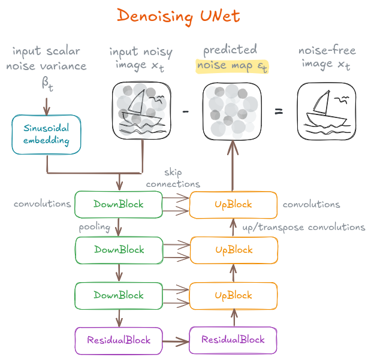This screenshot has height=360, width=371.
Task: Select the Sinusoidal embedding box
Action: [47, 135]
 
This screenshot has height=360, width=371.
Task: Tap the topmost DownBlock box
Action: [118, 204]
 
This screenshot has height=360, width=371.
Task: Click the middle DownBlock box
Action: [118, 250]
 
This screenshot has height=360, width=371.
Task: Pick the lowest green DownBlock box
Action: [118, 295]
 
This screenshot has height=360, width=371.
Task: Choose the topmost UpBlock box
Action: [233, 204]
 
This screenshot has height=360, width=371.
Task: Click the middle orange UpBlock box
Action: [233, 250]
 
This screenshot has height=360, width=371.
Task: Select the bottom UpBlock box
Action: [233, 295]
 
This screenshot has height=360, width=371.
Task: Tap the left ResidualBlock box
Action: [118, 340]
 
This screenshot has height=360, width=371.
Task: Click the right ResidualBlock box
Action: [233, 340]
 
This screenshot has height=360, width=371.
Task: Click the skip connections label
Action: [173, 179]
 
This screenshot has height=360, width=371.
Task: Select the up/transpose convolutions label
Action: [303, 228]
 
